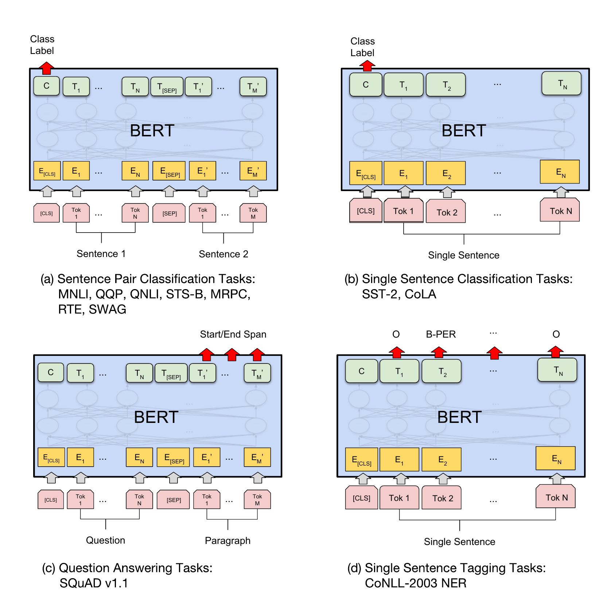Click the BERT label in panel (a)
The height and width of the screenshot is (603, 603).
coord(152,131)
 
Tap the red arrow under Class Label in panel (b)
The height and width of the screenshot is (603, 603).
coord(367,66)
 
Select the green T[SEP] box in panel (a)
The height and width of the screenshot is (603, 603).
coord(167,87)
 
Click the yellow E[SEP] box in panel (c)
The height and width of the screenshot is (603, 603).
coord(173,458)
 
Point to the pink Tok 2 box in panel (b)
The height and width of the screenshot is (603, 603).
coord(446,212)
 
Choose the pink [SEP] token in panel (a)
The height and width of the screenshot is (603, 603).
coord(169,213)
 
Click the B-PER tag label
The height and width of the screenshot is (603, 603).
coord(440,334)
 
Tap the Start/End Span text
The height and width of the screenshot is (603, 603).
coord(233,334)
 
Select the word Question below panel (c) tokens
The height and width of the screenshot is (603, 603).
coord(105,540)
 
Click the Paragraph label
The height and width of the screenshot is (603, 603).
coord(227,541)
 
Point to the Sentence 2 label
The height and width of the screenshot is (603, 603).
coord(223,254)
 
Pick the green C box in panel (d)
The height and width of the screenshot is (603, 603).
coord(361,371)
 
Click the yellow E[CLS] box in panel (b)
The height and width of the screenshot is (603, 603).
coord(366,174)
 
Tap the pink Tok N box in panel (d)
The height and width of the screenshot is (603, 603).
coord(555,497)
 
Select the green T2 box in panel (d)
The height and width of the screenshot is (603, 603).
coord(441,371)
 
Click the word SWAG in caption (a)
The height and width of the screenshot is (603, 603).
coord(108,309)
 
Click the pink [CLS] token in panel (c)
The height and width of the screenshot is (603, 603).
coord(51,500)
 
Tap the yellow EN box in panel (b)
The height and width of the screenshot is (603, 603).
coord(560,172)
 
